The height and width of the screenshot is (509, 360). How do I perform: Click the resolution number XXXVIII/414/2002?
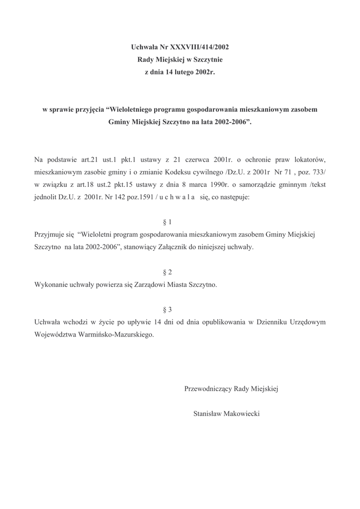pyautogui.click(x=199, y=48)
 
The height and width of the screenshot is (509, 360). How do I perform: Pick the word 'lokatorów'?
pyautogui.click(x=310, y=160)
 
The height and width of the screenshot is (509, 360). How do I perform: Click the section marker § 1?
pyautogui.click(x=167, y=222)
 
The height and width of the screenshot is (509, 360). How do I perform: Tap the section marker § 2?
pyautogui.click(x=167, y=272)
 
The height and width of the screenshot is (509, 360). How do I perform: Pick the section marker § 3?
pyautogui.click(x=167, y=309)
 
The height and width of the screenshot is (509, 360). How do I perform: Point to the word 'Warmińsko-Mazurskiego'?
pyautogui.click(x=115, y=334)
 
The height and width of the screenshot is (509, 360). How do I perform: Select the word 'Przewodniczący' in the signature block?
pyautogui.click(x=208, y=389)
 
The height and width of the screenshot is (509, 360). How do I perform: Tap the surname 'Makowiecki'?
pyautogui.click(x=242, y=414)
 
